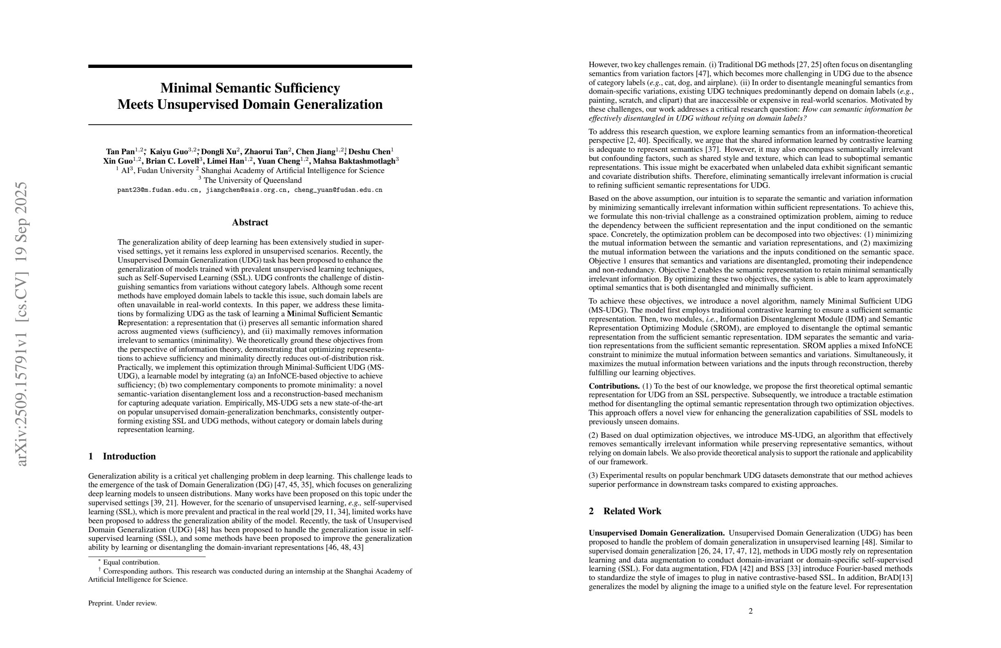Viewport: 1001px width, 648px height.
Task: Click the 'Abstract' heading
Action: click(250, 223)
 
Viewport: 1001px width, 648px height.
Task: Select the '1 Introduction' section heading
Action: click(122, 457)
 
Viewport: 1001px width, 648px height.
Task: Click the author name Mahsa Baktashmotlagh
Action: click(354, 161)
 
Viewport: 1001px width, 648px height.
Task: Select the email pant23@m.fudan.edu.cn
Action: click(157, 190)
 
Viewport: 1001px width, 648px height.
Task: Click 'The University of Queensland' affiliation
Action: click(252, 180)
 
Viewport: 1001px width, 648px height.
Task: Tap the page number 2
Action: click(751, 611)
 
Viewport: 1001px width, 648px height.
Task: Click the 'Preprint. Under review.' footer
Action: click(122, 603)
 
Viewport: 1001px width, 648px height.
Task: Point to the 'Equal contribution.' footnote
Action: click(131, 562)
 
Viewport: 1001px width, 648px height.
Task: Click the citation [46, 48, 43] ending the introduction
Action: click(344, 547)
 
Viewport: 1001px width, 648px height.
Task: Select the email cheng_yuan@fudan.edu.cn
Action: click(338, 190)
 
